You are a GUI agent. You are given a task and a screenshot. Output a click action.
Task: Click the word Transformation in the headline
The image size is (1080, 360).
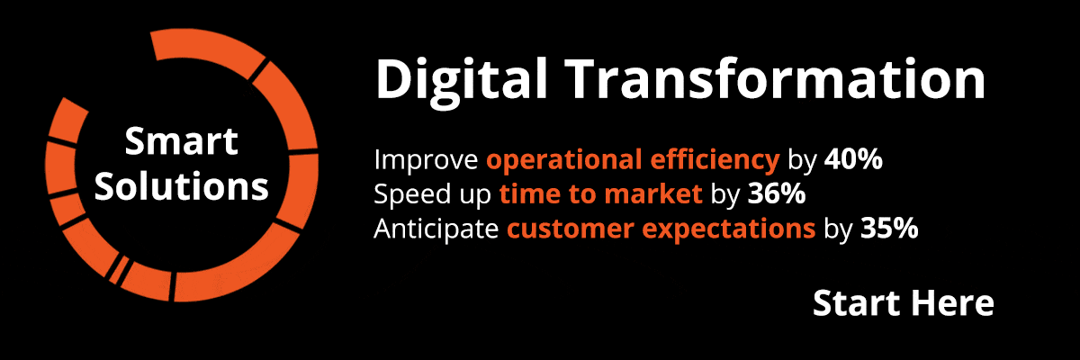coord(776,78)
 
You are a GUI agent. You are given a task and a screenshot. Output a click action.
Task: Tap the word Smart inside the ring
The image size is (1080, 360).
coord(181,141)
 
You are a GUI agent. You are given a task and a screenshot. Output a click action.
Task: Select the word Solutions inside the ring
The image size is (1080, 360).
coord(181,186)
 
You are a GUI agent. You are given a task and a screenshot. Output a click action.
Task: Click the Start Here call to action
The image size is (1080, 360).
coord(903,302)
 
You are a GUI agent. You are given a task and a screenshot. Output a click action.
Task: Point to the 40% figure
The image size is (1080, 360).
coord(853,159)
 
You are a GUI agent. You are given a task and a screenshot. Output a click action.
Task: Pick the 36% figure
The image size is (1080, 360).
coord(777,193)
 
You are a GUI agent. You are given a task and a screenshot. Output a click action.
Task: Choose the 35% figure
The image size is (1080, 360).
coord(889,228)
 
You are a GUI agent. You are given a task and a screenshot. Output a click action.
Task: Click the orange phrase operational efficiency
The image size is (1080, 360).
coord(633,160)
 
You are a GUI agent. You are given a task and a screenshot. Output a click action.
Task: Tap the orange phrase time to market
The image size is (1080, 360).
coord(601,193)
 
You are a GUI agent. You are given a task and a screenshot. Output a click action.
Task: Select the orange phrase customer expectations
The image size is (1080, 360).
coord(661,229)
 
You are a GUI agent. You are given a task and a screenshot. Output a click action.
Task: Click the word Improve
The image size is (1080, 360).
coord(426,160)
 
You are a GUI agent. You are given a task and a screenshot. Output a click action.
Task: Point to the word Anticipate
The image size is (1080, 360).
coord(436,229)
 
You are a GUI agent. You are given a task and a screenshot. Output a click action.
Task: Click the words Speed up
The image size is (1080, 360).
coord(432,195)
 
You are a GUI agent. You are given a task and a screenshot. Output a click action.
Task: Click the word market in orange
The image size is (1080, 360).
coord(653,193)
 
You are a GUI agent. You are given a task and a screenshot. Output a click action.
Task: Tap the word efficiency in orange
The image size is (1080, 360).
coord(715,160)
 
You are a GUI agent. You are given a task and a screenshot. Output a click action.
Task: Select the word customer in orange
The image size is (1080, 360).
coord(571,229)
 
